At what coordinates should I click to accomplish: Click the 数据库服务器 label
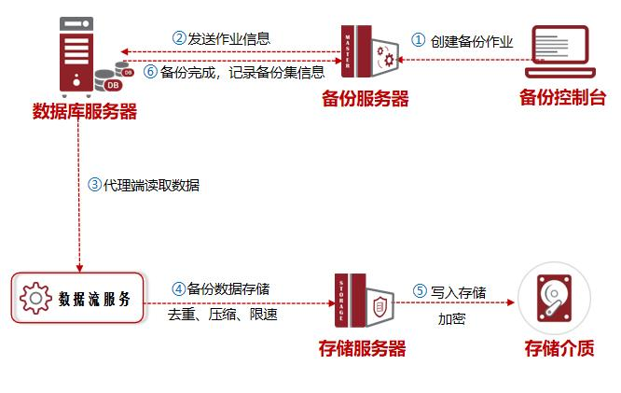[x=85, y=113]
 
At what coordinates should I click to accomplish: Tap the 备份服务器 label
[x=366, y=99]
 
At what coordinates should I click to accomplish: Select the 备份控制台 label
[x=562, y=98]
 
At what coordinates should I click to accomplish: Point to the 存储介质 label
[x=558, y=349]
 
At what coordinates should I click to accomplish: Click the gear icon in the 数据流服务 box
[x=36, y=298]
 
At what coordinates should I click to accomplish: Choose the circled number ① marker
[x=418, y=40]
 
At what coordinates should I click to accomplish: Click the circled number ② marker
[x=180, y=38]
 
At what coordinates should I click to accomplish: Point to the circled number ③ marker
[x=94, y=184]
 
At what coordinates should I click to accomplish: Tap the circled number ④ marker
[x=178, y=288]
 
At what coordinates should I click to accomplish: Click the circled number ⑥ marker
[x=150, y=71]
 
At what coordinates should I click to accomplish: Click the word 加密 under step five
[x=452, y=318]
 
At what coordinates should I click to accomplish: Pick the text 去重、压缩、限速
[x=222, y=315]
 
